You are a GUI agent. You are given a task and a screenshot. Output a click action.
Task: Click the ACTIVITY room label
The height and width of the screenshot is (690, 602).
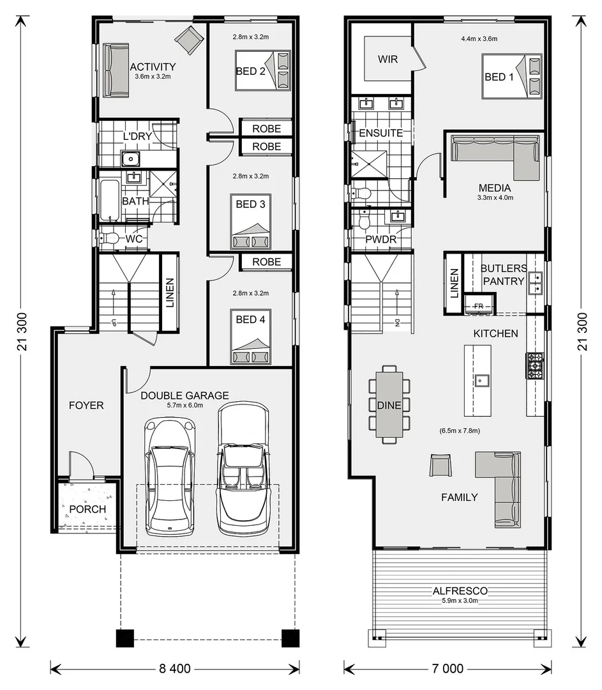pyautogui.click(x=153, y=67)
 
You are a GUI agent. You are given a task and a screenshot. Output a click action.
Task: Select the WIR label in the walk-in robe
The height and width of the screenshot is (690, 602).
pyautogui.click(x=388, y=59)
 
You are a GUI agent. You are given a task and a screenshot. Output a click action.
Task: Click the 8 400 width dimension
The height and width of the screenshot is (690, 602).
pyautogui.click(x=174, y=669)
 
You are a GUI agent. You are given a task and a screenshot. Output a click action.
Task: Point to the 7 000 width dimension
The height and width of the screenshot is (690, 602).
pyautogui.click(x=448, y=669)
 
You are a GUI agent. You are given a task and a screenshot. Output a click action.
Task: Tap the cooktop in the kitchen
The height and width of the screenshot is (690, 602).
pyautogui.click(x=534, y=365)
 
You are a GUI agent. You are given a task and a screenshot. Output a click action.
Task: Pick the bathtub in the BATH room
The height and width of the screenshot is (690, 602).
pyautogui.click(x=109, y=200)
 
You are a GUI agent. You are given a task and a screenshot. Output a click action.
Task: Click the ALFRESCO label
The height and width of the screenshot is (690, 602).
pyautogui.click(x=460, y=591)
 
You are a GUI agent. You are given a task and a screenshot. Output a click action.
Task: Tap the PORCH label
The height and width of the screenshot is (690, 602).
pyautogui.click(x=87, y=509)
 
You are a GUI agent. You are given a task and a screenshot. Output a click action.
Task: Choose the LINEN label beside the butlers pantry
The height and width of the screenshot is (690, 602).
pyautogui.click(x=454, y=283)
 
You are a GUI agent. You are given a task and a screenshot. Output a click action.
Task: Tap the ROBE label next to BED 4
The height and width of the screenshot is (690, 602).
pyautogui.click(x=266, y=262)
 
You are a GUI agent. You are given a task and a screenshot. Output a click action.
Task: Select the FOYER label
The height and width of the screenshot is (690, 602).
pyautogui.click(x=86, y=405)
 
